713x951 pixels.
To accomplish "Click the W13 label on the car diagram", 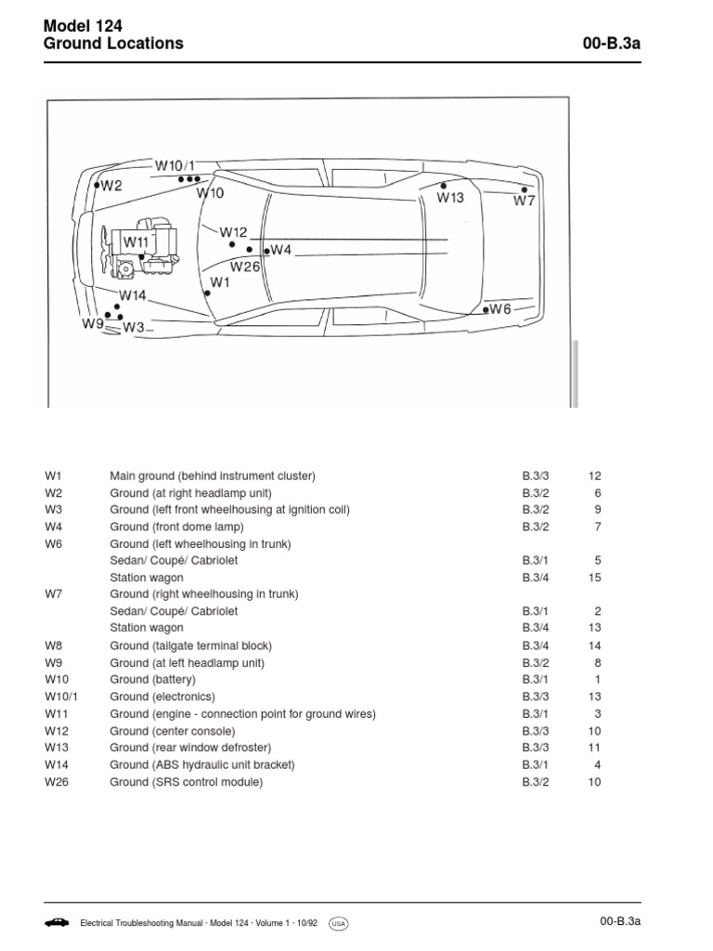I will (450, 198).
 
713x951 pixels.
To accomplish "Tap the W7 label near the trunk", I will (525, 201).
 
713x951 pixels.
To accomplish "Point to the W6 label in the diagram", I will (500, 309).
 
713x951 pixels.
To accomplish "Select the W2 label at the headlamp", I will (111, 186).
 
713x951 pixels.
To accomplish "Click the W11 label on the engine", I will (136, 242).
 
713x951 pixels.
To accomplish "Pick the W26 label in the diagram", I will (245, 267).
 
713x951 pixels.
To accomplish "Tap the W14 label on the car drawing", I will (133, 296).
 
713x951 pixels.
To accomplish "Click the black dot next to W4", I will (266, 251).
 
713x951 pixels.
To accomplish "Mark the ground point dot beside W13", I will (444, 186).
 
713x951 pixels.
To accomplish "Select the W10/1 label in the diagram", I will (175, 165).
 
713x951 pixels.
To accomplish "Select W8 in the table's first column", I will (54, 645).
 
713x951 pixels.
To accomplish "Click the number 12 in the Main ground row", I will (595, 476).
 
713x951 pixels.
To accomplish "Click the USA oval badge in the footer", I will (338, 923).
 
